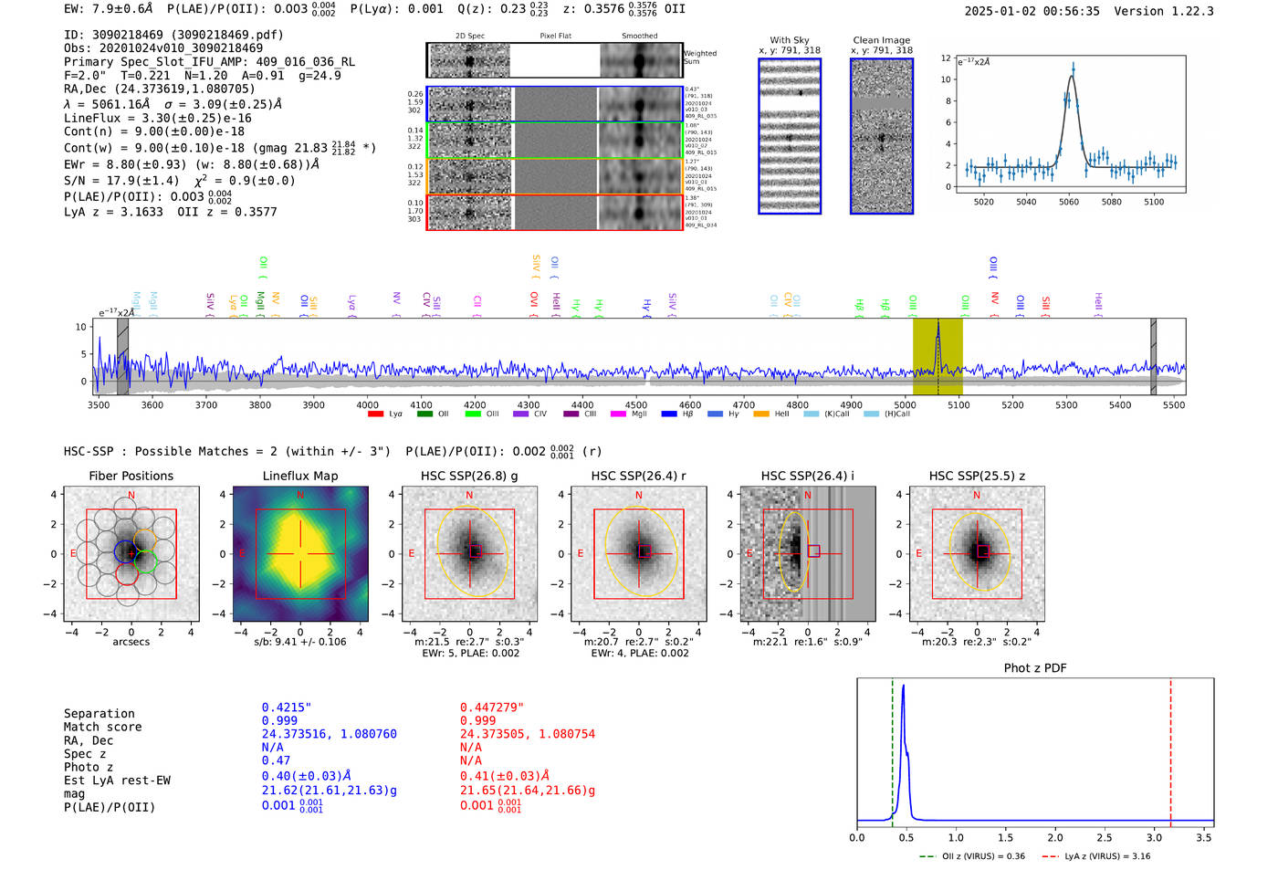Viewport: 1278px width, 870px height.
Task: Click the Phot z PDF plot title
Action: click(x=1035, y=668)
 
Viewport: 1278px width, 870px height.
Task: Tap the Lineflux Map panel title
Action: click(x=299, y=476)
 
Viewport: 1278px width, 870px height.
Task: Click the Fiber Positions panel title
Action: click(x=131, y=476)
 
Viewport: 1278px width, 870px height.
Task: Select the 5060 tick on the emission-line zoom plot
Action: click(x=1069, y=202)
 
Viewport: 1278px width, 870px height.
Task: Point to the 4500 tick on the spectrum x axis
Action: click(x=636, y=404)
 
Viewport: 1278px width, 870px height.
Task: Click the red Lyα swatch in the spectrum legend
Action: click(x=375, y=414)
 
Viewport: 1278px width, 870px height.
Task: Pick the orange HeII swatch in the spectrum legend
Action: click(x=761, y=414)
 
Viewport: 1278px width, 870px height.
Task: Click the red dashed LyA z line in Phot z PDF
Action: click(x=1170, y=749)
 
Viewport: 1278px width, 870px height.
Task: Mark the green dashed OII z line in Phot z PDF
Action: click(x=893, y=749)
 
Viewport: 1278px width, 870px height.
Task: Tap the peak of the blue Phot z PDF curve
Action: click(x=903, y=687)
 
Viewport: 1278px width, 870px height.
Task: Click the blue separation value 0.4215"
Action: click(x=286, y=708)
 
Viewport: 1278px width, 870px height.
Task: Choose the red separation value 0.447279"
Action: click(x=491, y=708)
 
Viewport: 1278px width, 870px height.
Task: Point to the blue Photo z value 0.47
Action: click(x=276, y=760)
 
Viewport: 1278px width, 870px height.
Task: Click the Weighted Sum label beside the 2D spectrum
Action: click(x=700, y=58)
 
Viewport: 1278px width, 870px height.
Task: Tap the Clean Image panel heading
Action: click(x=881, y=40)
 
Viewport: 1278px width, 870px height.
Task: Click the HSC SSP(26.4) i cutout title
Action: click(x=807, y=476)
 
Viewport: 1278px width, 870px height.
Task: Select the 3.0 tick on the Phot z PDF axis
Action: click(x=1154, y=837)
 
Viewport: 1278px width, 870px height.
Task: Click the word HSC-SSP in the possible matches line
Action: click(x=89, y=451)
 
